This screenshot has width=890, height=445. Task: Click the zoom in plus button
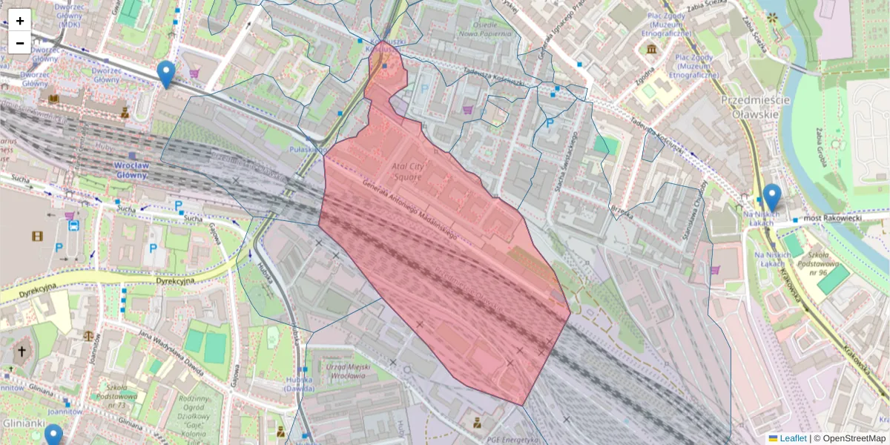(x=20, y=20)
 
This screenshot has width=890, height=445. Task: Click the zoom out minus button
(x=20, y=42)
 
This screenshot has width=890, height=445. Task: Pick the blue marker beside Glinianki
(x=53, y=435)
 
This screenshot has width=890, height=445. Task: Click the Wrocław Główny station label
(x=132, y=170)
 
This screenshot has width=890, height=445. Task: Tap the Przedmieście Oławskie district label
(x=749, y=107)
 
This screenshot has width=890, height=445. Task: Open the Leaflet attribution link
(x=792, y=438)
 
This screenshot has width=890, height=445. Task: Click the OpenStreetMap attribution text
(x=854, y=438)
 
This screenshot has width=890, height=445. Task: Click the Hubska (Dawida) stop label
(x=300, y=383)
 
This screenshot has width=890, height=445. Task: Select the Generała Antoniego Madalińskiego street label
(x=409, y=211)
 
